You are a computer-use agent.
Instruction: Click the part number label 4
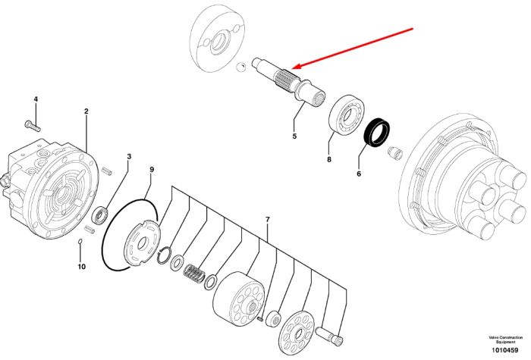(x=36, y=99)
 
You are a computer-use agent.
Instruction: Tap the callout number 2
(x=86, y=111)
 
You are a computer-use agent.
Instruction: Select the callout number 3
(x=129, y=156)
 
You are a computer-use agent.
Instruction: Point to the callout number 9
(x=152, y=169)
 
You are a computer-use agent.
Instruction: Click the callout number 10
(x=82, y=267)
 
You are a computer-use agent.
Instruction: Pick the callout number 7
(x=268, y=220)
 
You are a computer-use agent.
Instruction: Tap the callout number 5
(x=294, y=136)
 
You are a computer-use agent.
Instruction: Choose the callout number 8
(x=329, y=159)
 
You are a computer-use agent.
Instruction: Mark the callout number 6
(x=359, y=174)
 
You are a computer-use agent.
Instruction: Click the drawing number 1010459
(x=505, y=350)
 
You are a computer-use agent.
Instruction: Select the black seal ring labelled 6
(x=376, y=133)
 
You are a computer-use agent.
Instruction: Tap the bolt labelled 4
(x=33, y=126)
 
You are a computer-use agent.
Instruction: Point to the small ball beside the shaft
(x=240, y=67)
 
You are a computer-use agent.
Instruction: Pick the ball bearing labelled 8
(x=347, y=114)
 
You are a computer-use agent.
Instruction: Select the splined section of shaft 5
(x=285, y=80)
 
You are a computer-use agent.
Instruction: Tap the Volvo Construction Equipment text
(x=505, y=340)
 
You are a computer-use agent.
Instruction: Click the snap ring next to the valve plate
(x=164, y=255)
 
